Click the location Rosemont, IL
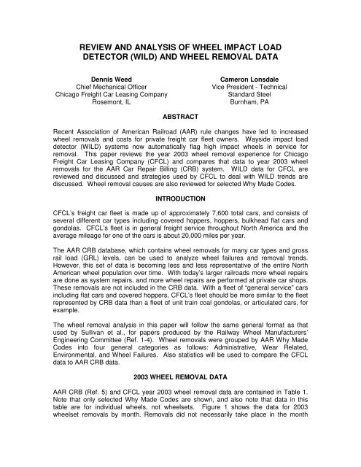click(107, 103)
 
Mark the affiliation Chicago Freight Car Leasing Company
click(107, 93)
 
